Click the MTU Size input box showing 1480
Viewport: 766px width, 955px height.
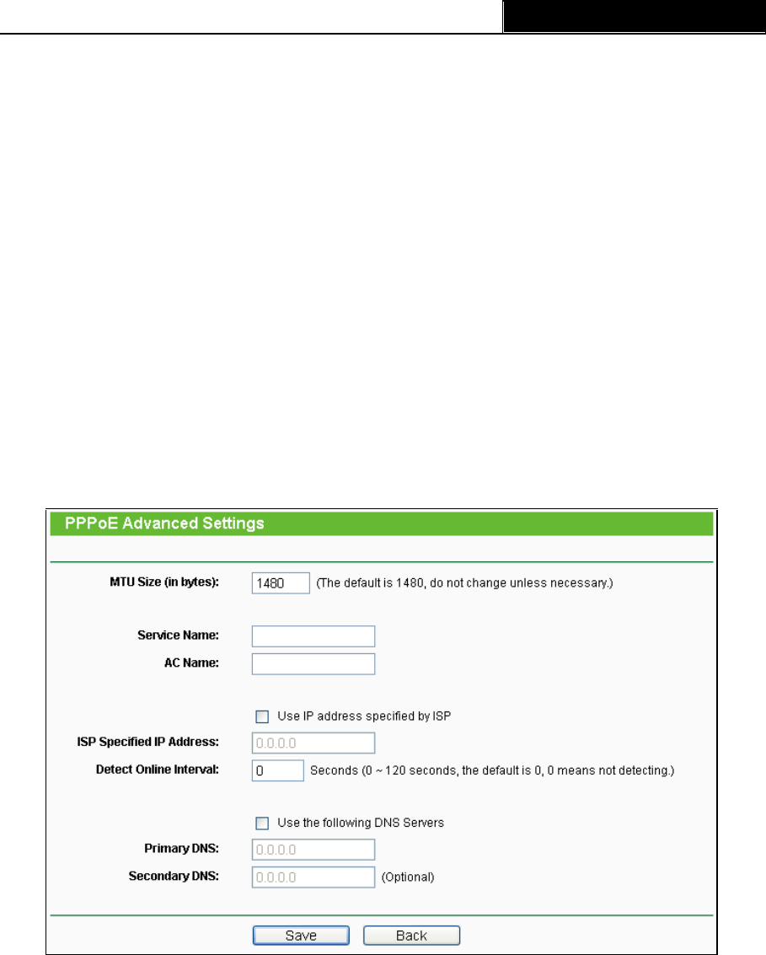coord(281,582)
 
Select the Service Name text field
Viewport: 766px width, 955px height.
coord(313,636)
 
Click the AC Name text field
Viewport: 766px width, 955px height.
coord(313,663)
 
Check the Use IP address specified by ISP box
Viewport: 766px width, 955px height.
coord(261,717)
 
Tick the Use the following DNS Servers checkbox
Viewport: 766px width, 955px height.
coord(261,823)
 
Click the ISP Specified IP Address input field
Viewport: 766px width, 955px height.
coord(313,743)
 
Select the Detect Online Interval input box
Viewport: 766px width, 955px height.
coord(277,770)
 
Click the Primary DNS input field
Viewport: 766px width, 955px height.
coord(313,849)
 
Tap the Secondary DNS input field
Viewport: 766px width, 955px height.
coord(313,877)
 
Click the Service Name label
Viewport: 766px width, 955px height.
coord(178,636)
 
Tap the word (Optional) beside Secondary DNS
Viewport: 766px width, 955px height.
coord(408,877)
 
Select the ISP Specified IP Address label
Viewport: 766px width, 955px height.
coord(147,742)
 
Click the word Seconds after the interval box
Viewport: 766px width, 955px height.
coord(334,770)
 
